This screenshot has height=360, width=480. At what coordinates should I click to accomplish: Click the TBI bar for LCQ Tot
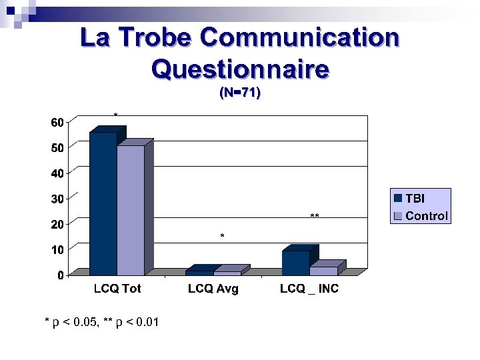[103, 203]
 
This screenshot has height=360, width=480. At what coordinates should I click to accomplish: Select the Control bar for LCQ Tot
[131, 210]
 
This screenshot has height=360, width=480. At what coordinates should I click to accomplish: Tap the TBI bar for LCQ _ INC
[295, 263]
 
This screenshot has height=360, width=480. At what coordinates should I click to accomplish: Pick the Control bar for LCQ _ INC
[323, 271]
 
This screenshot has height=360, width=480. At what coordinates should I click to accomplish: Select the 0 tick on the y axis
[61, 275]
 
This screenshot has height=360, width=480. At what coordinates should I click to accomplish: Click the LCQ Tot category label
[117, 289]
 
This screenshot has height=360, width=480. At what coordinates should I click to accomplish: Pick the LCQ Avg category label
[213, 289]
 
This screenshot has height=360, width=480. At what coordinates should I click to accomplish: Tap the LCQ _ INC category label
[309, 289]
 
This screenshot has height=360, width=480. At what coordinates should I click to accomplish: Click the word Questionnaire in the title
[240, 68]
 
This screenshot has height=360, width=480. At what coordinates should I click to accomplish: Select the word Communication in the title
[300, 37]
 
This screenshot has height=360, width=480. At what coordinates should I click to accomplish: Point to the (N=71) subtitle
[240, 93]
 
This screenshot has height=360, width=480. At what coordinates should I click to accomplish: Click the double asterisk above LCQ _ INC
[315, 217]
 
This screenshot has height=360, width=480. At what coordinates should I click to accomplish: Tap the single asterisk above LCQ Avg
[222, 237]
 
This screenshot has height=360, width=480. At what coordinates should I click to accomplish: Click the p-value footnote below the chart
[102, 323]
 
